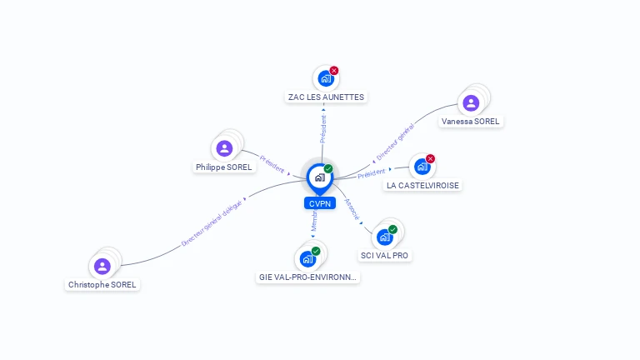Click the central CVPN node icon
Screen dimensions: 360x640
click(319, 177)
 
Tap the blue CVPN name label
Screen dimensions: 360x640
click(319, 203)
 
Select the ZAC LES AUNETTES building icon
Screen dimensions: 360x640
click(325, 78)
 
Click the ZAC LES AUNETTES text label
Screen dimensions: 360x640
click(326, 97)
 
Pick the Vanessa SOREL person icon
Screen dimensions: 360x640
click(471, 103)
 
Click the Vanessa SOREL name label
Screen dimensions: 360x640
click(471, 121)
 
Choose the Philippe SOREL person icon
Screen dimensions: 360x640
click(224, 149)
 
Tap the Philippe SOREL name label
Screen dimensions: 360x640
click(224, 167)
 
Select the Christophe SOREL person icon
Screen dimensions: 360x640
click(102, 267)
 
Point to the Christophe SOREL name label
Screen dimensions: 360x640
click(102, 284)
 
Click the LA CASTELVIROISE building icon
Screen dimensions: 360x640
click(422, 167)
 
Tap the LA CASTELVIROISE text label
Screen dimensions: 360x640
click(422, 185)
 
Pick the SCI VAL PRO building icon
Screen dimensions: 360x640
click(384, 237)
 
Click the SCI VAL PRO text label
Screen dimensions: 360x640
click(384, 255)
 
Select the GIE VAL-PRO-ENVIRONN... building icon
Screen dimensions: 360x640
click(307, 259)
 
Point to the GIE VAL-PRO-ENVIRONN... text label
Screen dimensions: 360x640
click(308, 277)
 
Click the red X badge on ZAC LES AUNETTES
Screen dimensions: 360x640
click(334, 71)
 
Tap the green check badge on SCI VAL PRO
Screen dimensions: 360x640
click(392, 230)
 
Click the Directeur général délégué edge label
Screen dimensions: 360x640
click(212, 222)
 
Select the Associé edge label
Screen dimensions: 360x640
click(352, 208)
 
